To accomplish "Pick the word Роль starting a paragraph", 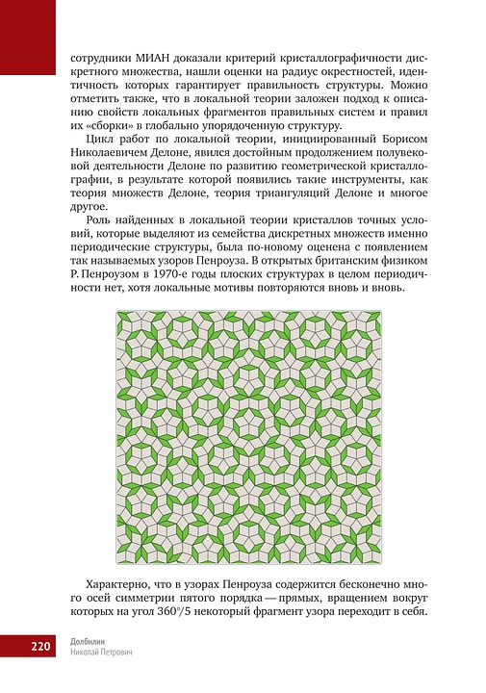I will tap(100, 222).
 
